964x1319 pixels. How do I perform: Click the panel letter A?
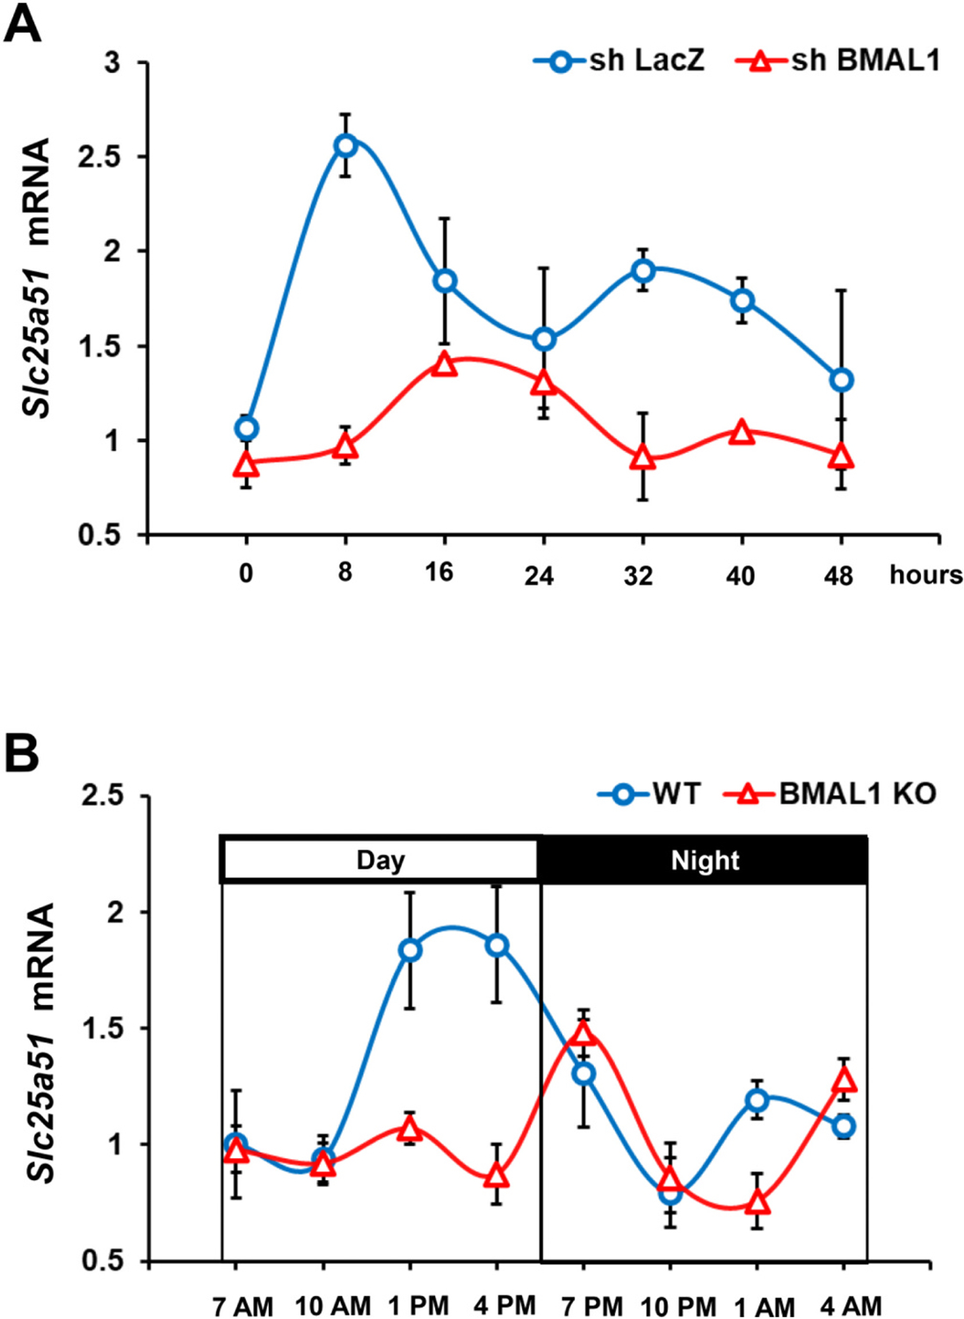[22, 25]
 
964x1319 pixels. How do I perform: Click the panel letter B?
[22, 754]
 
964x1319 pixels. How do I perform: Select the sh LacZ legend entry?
[620, 61]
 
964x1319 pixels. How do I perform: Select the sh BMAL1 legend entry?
[839, 61]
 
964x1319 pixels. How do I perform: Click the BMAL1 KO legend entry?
[830, 794]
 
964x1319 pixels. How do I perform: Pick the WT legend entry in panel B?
[650, 794]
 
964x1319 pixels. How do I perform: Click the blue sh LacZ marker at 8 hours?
[345, 145]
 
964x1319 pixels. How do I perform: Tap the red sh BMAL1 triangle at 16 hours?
[445, 364]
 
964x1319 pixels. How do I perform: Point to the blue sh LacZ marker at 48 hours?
[842, 380]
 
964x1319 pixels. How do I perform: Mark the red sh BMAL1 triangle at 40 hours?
[742, 433]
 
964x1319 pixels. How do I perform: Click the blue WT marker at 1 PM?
[410, 951]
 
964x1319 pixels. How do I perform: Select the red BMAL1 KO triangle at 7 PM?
[583, 1033]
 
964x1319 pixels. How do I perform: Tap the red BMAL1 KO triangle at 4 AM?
[844, 1080]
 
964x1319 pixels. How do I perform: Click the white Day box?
[380, 860]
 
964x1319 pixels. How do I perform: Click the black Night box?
[704, 860]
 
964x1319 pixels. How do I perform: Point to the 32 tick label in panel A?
[638, 575]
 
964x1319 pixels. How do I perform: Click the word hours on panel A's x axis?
[925, 575]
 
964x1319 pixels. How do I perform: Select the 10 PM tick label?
[678, 1307]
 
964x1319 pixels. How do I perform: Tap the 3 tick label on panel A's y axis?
[112, 62]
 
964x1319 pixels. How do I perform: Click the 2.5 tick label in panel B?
[103, 797]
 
